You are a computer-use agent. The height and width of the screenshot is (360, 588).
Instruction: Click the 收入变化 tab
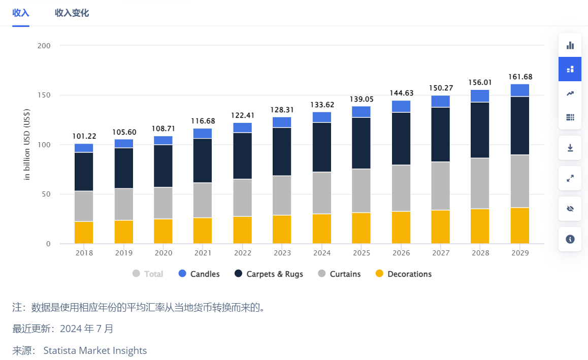pos(72,13)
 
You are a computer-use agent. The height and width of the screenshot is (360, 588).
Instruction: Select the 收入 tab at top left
pos(21,13)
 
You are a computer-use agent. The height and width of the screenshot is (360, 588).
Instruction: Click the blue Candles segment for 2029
pos(519,90)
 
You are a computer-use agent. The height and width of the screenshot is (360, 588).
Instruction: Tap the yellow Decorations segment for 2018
pos(84,233)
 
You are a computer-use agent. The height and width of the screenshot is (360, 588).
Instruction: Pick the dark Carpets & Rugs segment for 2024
pos(321,147)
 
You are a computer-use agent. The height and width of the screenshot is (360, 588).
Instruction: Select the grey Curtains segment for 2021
pos(203,200)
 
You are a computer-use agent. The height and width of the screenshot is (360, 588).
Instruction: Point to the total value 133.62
pos(322,105)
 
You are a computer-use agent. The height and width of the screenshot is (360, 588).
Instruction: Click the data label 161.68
pos(520,77)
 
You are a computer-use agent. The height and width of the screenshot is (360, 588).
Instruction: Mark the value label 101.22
pos(84,137)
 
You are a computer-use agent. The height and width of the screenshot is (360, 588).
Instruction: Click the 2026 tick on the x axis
pos(401,253)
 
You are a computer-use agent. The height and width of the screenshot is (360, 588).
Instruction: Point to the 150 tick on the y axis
pos(44,95)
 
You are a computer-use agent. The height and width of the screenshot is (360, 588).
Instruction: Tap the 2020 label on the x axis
pos(163,253)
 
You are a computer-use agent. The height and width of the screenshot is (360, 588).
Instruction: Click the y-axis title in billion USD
pos(27,144)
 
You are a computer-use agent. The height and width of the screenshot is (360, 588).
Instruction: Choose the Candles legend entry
pos(199,274)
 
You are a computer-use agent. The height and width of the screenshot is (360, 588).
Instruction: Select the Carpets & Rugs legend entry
pos(269,274)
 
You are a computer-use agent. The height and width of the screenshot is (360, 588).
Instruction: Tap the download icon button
pos(570,148)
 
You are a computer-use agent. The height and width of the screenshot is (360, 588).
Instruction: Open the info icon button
pos(570,239)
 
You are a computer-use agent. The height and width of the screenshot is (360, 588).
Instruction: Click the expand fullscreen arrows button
pos(570,178)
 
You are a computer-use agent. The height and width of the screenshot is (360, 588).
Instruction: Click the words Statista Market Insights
pos(95,350)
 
